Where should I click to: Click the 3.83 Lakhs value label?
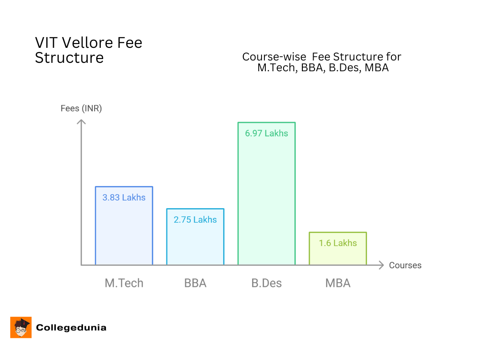[x=124, y=197]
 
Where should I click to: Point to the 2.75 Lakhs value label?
[x=195, y=219]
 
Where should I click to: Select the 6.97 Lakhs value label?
[x=267, y=133]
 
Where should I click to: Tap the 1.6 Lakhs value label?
[x=337, y=243]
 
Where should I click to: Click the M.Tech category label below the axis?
[x=124, y=283]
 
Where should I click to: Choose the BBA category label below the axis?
[x=195, y=283]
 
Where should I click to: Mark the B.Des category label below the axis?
[x=267, y=283]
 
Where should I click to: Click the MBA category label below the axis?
[x=337, y=283]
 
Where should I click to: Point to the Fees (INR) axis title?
[x=81, y=108]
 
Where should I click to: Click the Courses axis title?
[x=405, y=265]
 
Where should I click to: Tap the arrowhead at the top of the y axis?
[x=82, y=122]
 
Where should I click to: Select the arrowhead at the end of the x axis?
[x=382, y=265]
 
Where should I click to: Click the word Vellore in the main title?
[x=89, y=43]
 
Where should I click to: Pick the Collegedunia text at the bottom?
[x=71, y=328]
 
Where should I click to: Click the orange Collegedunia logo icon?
[x=21, y=327]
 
